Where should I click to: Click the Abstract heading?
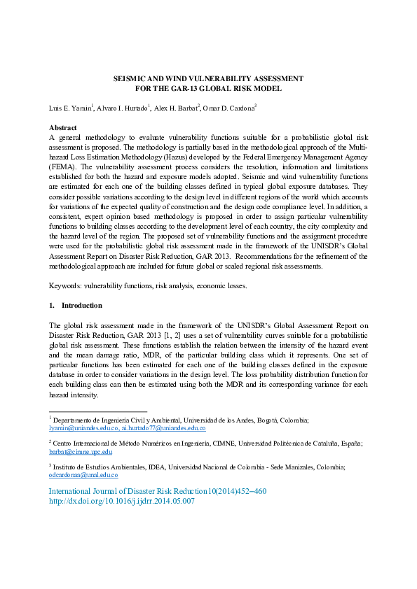pyautogui.click(x=63, y=128)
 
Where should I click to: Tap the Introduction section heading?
pyautogui.click(x=81, y=305)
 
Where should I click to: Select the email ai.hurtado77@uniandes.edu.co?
pyautogui.click(x=163, y=427)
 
